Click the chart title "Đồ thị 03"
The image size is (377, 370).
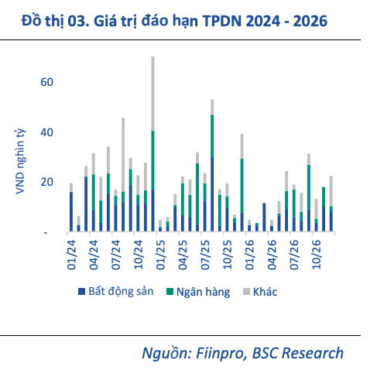coord(55,21)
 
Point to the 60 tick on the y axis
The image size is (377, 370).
coord(46,82)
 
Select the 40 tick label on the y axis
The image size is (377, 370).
coord(46,132)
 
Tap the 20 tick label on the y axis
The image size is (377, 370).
coord(46,182)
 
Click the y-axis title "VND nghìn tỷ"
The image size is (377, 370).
coord(20,162)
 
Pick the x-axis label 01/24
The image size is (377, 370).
coord(71,255)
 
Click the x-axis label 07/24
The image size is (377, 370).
coord(116,255)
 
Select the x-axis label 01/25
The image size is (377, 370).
coord(160,255)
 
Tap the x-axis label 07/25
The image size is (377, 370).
coord(205,255)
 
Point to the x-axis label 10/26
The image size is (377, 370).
coord(317,255)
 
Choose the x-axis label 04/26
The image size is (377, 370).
coord(272,255)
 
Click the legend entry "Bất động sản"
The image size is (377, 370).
coord(121,292)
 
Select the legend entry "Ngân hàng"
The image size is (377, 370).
coord(203,292)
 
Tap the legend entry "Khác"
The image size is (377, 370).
coord(265,292)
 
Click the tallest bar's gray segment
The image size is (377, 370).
coord(153,94)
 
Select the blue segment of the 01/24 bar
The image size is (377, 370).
coord(71,211)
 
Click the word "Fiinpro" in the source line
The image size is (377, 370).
coord(220,353)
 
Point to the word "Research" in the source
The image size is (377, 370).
coord(313,353)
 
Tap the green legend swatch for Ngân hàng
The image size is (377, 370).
coord(170,292)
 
